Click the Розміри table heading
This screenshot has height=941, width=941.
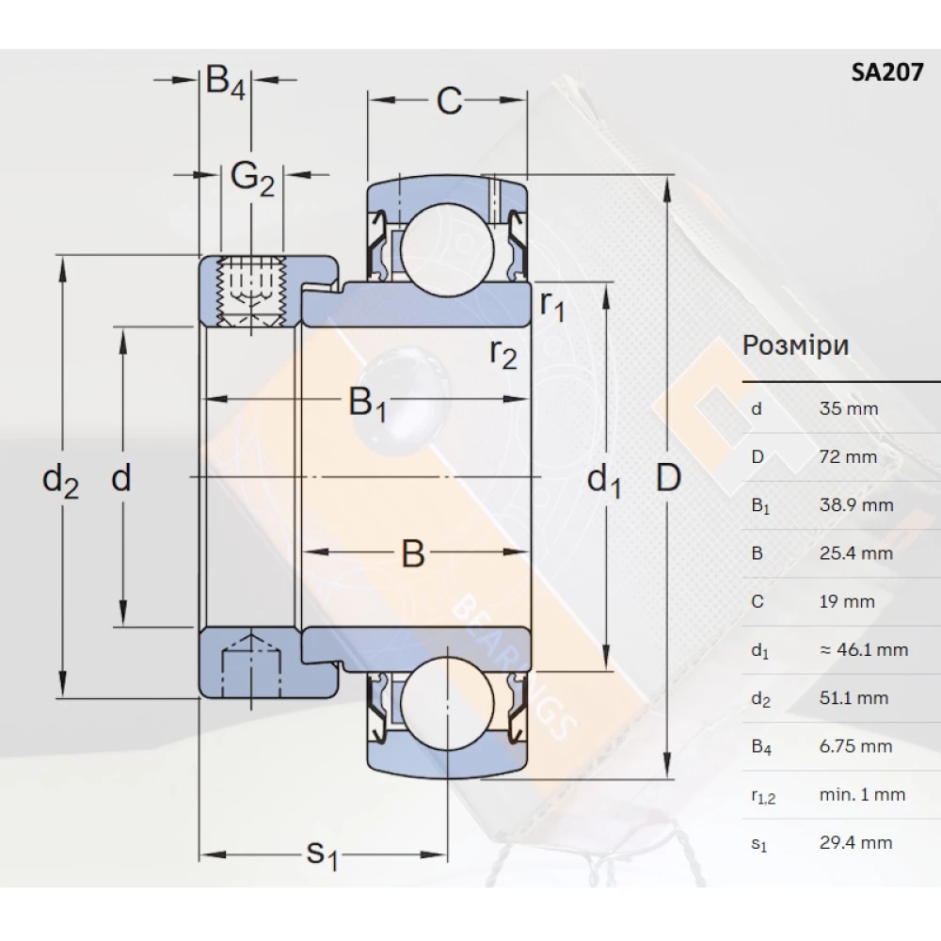coord(795,345)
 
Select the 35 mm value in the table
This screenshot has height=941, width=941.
coord(848,409)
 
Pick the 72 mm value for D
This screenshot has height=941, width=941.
coord(848,457)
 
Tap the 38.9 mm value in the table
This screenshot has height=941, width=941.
coord(855,505)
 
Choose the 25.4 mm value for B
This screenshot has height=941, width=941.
coord(855,553)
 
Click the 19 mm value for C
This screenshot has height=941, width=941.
coord(847,601)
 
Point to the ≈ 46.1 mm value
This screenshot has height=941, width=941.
coord(863,649)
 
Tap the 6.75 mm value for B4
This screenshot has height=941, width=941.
coord(855,746)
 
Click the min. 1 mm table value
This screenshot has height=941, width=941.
coord(862,794)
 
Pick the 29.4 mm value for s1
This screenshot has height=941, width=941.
coord(855,842)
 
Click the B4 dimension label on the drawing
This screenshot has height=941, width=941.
coord(226,83)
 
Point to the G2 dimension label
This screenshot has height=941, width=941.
coord(252,176)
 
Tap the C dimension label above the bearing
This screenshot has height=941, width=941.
coord(450,101)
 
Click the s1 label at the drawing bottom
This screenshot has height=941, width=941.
coord(322,854)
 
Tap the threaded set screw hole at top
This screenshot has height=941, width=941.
coord(250,291)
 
